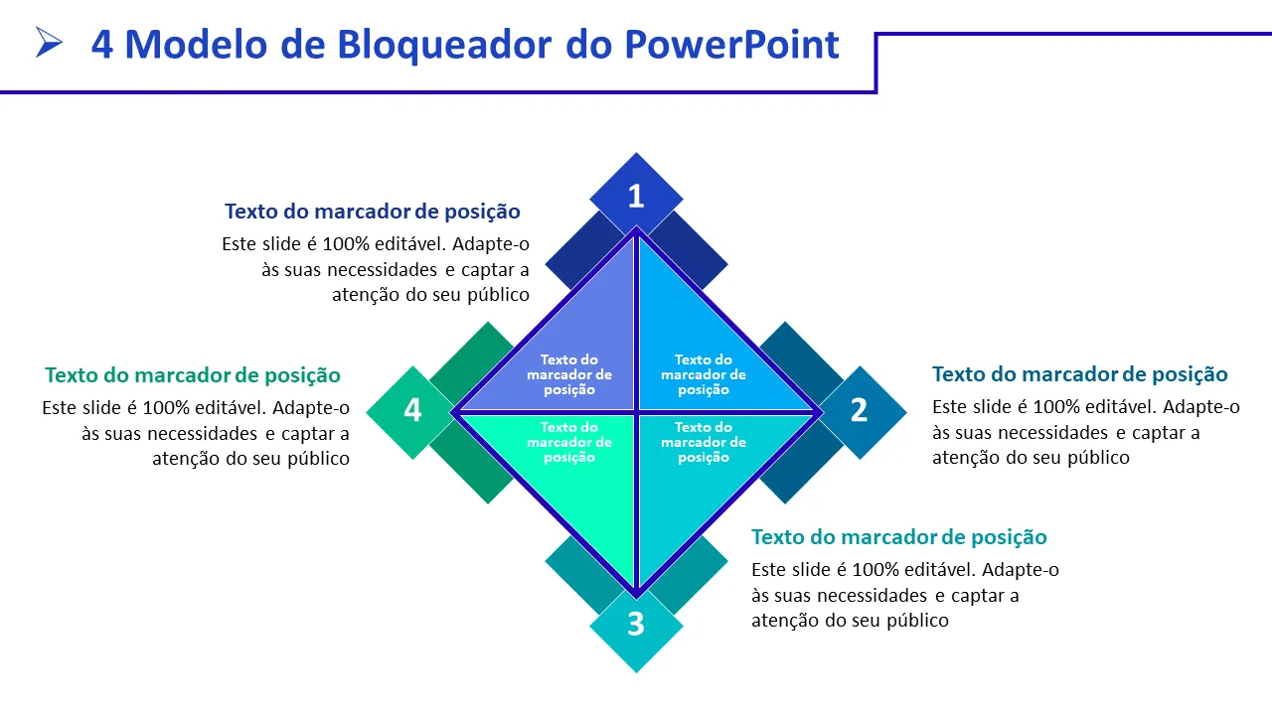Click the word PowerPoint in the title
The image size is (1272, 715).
tap(731, 44)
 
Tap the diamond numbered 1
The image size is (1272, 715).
tap(636, 196)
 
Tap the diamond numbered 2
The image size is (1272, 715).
tap(860, 410)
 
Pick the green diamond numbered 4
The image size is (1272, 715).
tap(412, 410)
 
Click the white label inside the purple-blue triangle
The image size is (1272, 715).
tap(569, 374)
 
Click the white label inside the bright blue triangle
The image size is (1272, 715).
tap(704, 374)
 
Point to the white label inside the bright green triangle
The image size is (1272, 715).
tap(569, 442)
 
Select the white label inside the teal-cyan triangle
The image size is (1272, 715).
tap(704, 442)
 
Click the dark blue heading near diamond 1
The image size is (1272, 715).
tap(373, 212)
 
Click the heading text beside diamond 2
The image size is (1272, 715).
tap(1080, 374)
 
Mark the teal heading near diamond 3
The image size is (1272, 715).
tap(899, 537)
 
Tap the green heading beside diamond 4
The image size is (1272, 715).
tap(193, 375)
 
